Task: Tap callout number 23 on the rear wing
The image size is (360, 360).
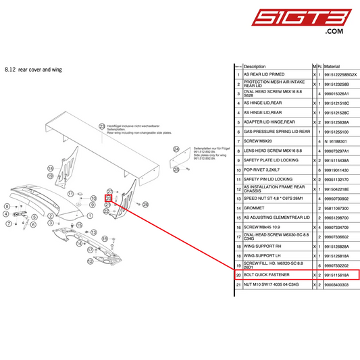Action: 102,126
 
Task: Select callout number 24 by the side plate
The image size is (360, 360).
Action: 176,149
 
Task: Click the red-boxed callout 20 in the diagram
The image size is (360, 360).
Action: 108,199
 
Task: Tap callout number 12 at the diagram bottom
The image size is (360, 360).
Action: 89,259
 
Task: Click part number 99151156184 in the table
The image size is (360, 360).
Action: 341,276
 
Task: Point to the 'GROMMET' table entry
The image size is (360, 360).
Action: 253,209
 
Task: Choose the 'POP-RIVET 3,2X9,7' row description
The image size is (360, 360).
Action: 262,170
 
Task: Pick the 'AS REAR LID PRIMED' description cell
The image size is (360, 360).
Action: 264,74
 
